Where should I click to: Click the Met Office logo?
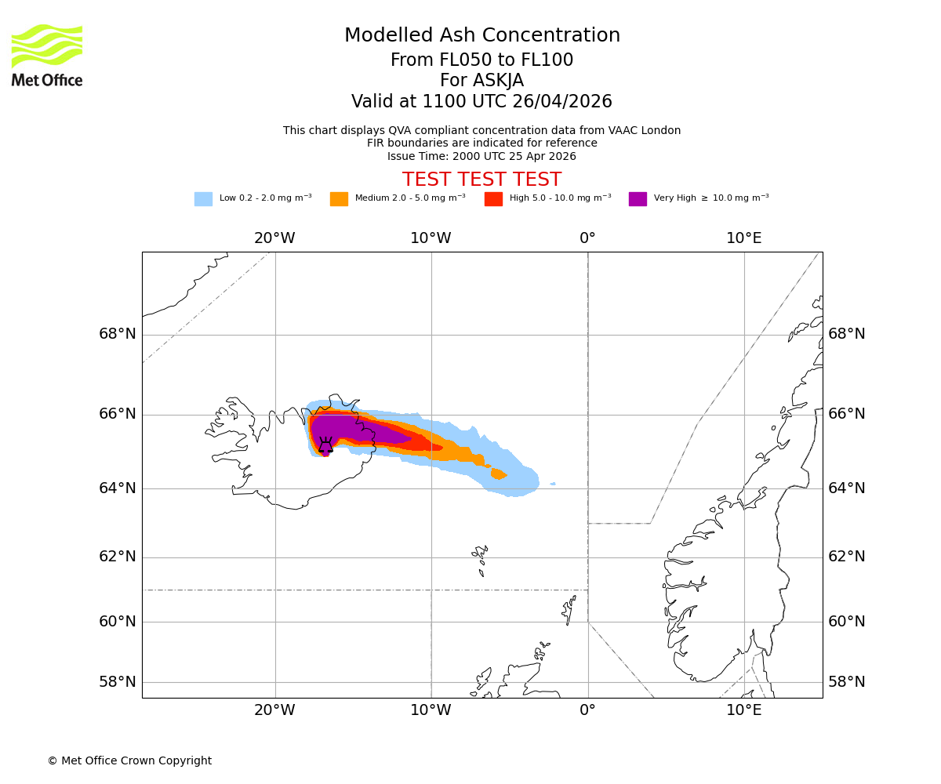coord(47,55)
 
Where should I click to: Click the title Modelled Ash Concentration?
coord(481,36)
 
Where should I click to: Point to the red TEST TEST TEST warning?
coord(481,180)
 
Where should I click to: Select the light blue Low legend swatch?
coord(203,199)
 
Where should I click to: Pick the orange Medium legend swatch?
coord(339,199)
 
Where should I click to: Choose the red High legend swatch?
coord(493,199)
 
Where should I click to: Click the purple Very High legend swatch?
coord(638,199)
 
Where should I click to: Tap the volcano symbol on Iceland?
coord(325,445)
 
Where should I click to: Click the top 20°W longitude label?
coord(274,238)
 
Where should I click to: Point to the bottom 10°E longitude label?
coord(743,710)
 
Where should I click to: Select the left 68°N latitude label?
coord(118,334)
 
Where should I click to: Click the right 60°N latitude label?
coord(847,622)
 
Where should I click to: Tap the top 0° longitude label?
coord(587,238)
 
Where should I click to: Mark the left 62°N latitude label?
coord(118,557)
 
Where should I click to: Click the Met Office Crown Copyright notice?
coord(129,760)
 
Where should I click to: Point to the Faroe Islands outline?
coord(480,557)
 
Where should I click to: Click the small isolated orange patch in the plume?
coord(498,474)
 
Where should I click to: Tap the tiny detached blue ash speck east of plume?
coord(553,484)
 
